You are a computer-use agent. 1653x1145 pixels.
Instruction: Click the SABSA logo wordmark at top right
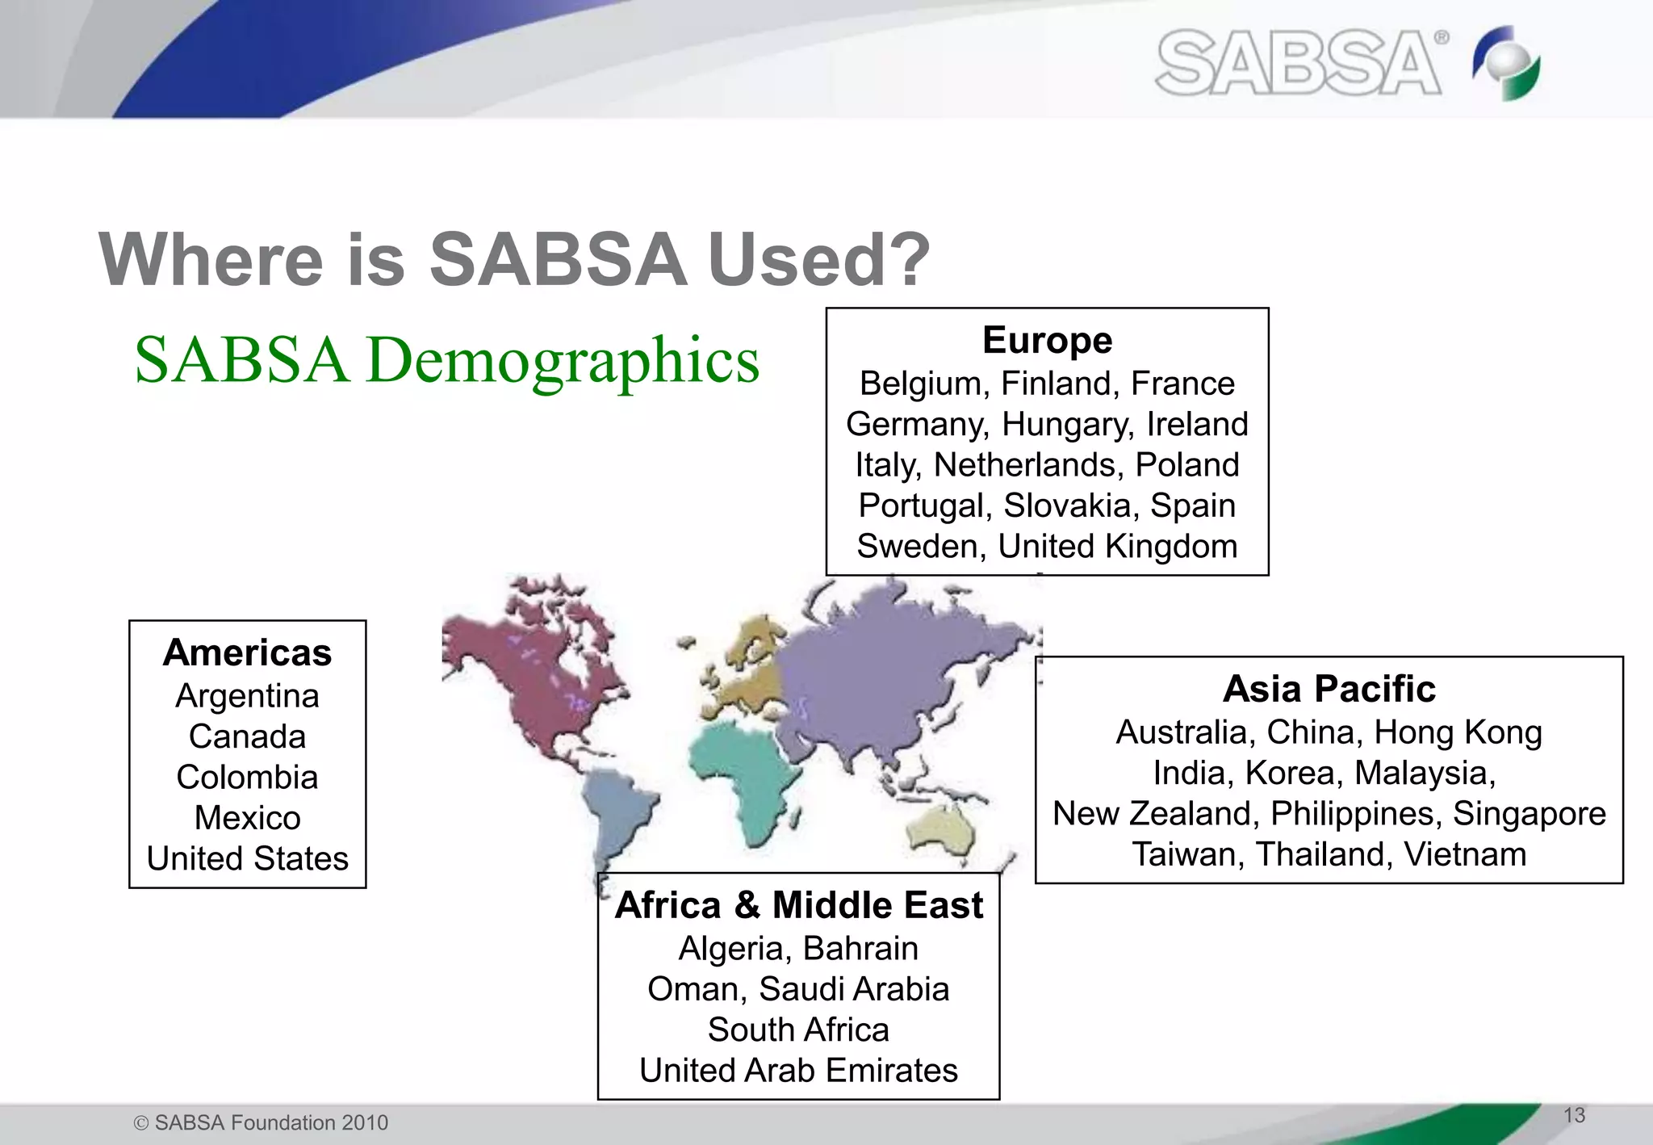point(1298,63)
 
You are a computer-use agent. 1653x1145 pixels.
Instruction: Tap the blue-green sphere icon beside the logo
point(1507,63)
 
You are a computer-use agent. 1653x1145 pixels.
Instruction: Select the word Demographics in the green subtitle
point(563,360)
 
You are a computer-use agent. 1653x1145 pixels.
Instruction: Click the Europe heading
point(1047,340)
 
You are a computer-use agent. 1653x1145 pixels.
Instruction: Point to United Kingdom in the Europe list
point(1117,546)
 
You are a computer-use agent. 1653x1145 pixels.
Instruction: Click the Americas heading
point(247,652)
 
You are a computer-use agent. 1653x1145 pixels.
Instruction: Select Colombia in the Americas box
point(247,777)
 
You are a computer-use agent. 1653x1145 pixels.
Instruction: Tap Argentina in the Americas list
point(247,695)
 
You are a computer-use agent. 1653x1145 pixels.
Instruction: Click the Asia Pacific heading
point(1329,689)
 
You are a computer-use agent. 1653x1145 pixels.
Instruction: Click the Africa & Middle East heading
point(798,904)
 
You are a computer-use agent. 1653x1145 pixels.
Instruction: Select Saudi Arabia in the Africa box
point(854,989)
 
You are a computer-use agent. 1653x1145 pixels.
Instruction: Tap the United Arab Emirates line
point(798,1071)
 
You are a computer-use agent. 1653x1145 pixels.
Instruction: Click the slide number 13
point(1574,1115)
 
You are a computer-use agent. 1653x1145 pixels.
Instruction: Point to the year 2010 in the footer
point(365,1122)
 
